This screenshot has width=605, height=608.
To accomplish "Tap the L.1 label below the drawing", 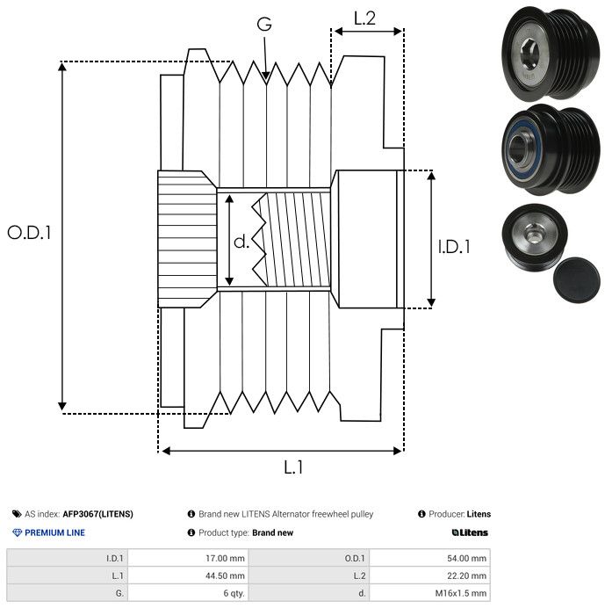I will [293, 467].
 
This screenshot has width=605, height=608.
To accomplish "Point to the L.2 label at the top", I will [364, 18].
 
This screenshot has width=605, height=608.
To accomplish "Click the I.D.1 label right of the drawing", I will [455, 247].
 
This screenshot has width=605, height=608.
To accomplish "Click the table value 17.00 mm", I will [224, 558].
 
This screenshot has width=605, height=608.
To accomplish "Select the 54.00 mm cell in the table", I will [467, 558].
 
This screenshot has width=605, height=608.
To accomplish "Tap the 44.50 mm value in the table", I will [224, 575].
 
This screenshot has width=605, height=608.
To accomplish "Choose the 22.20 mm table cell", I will [467, 575].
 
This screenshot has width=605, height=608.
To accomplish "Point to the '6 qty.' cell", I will [232, 593].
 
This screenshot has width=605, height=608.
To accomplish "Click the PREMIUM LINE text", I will [54, 532].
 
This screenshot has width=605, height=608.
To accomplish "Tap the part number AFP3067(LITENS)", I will [97, 514].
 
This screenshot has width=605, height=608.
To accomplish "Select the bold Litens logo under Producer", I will [471, 532].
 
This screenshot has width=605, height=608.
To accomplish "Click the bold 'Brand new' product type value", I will [272, 532].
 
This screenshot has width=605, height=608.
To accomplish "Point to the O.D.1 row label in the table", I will [356, 558].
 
